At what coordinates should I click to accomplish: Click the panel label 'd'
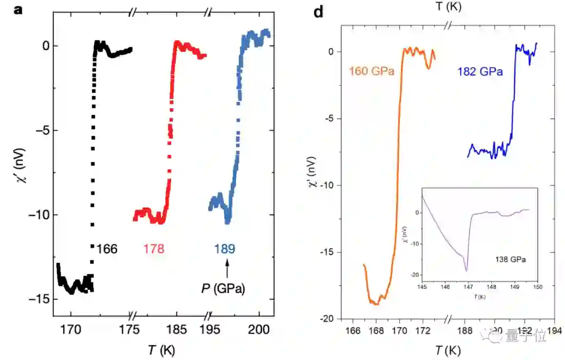click(x=319, y=12)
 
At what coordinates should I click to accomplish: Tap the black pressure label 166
click(x=107, y=249)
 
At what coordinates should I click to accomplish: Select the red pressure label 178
click(x=153, y=249)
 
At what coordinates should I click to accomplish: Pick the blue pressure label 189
click(x=224, y=249)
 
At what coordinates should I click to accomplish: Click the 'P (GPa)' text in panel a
click(x=223, y=288)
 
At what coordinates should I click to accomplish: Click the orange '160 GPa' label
click(x=372, y=71)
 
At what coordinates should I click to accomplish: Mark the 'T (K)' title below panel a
click(x=160, y=349)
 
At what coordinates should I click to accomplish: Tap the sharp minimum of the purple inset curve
click(x=466, y=271)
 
